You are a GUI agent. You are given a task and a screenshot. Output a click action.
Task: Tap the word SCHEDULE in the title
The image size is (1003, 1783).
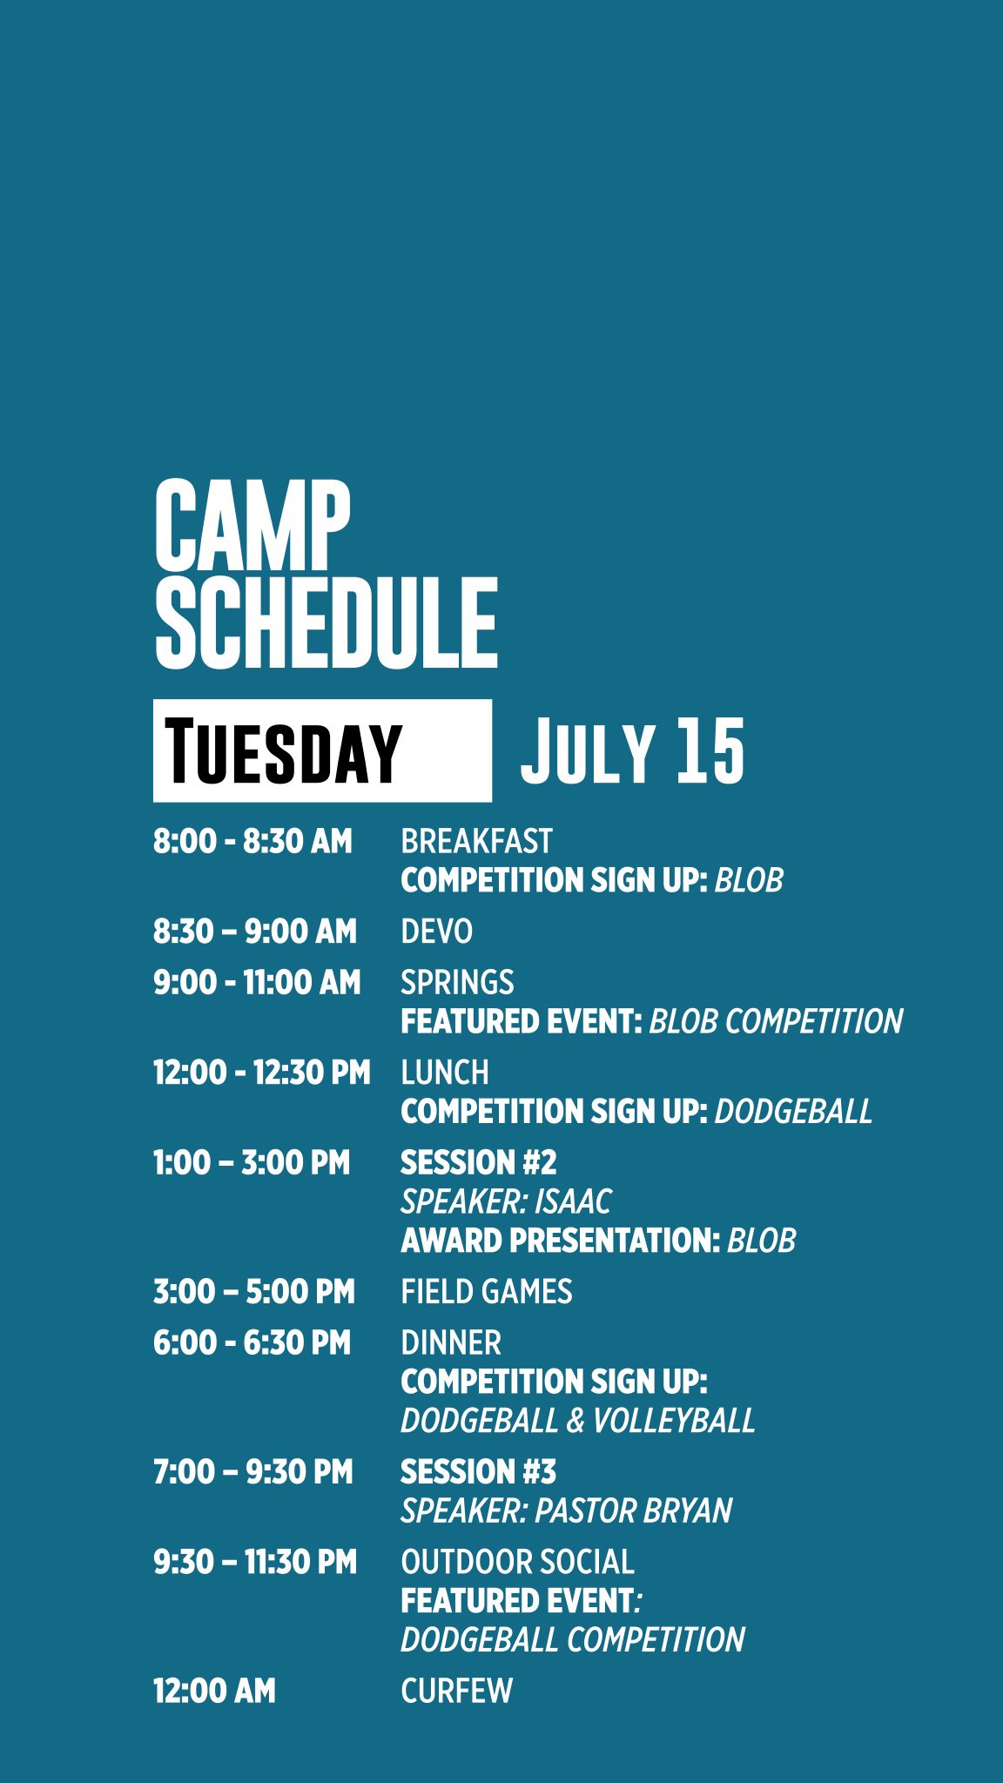326,622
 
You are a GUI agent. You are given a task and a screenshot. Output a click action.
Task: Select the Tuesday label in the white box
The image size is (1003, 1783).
283,751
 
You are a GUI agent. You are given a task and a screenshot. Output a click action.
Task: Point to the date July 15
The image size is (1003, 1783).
632,750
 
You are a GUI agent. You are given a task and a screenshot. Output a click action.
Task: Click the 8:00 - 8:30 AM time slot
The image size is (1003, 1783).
252,842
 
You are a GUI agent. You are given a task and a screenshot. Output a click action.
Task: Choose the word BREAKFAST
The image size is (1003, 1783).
476,842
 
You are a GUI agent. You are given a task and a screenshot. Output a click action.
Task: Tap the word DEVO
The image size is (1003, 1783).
436,932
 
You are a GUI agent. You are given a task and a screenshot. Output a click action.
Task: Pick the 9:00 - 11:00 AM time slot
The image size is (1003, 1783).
257,983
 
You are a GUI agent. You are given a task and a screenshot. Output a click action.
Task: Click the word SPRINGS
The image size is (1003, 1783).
457,983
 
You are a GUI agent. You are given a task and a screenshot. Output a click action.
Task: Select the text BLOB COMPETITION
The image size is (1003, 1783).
776,1022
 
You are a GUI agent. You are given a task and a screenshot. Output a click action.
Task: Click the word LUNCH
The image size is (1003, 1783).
445,1073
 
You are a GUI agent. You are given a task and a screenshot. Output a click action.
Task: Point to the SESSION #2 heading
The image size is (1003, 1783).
478,1163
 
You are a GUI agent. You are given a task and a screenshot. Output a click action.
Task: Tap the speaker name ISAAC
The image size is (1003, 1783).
573,1202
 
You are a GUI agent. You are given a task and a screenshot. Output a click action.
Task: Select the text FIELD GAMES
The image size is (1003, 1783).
487,1292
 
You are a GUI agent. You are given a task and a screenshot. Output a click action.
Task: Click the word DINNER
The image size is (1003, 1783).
451,1343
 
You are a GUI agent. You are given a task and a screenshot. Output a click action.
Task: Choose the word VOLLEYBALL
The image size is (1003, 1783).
674,1421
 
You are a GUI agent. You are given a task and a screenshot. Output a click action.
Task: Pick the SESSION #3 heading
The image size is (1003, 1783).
478,1472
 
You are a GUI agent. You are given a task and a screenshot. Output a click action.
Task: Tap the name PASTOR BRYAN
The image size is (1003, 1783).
633,1511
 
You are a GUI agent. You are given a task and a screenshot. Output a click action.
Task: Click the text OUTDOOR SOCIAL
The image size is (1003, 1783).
517,1563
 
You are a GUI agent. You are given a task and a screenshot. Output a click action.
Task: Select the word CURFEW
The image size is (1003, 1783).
456,1692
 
